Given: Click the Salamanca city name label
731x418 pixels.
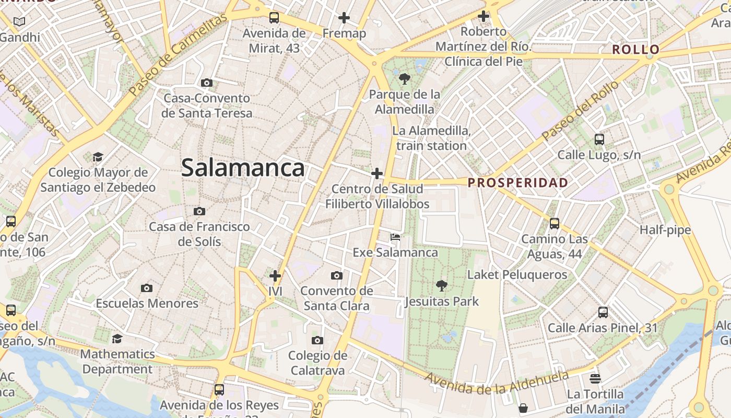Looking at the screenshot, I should click(x=243, y=168).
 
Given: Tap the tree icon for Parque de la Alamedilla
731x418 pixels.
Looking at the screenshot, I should click(x=404, y=79).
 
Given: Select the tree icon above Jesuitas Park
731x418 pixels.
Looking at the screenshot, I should click(x=442, y=286).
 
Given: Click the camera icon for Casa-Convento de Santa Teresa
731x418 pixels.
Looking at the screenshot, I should click(x=207, y=83).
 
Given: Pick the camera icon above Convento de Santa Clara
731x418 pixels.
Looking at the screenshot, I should click(x=337, y=275).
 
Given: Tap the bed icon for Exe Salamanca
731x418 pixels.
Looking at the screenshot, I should click(x=395, y=237).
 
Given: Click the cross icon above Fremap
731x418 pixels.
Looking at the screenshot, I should click(x=344, y=18).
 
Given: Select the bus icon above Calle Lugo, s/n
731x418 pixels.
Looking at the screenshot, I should click(x=599, y=140).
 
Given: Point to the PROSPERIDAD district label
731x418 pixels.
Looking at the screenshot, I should click(x=517, y=183).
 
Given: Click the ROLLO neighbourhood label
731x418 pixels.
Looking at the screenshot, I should click(x=635, y=50).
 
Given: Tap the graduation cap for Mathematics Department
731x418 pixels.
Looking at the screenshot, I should click(x=117, y=339).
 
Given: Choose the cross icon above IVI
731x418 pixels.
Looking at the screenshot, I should click(x=275, y=276).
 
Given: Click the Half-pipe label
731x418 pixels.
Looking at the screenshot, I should click(x=665, y=230).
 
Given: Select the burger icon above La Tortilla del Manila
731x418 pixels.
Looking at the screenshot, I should click(x=595, y=378).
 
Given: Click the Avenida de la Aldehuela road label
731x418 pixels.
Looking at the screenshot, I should click(x=496, y=382).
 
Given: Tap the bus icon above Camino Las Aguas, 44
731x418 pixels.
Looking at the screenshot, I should click(x=555, y=224).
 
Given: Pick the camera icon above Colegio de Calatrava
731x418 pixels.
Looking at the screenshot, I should click(x=317, y=341).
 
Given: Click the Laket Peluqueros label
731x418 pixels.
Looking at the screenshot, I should click(x=517, y=274).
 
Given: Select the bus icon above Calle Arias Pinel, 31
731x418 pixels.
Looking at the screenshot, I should click(x=603, y=312).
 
